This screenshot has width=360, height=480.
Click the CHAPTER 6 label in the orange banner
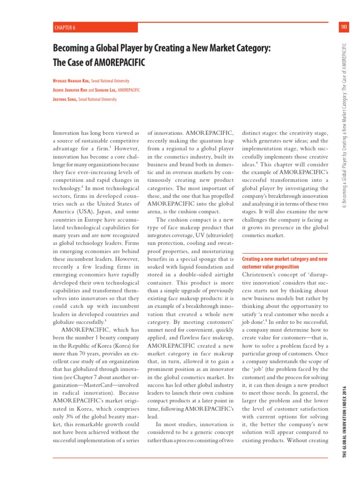pos(65,28)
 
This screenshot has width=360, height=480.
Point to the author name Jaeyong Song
pos(65,99)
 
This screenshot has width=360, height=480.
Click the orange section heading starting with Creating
pos(284,259)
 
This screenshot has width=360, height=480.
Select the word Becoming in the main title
pos(73,48)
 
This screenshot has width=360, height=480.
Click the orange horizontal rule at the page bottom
pos(180,458)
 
